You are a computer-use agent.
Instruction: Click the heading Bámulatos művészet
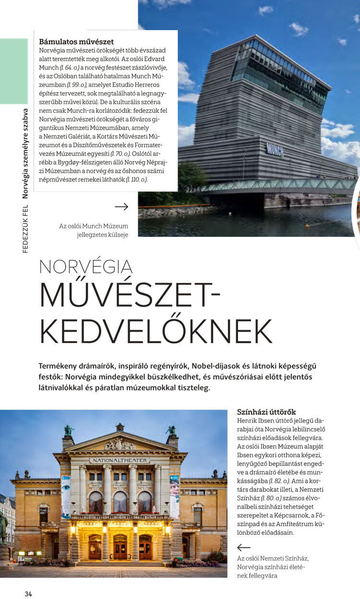tap(76, 42)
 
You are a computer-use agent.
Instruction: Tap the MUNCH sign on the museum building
tap(275, 150)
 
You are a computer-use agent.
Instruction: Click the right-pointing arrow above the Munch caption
tap(121, 207)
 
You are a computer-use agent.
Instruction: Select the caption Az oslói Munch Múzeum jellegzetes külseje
tap(94, 230)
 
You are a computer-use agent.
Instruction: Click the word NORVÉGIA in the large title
tap(86, 267)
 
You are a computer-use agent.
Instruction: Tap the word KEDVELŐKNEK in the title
tap(156, 331)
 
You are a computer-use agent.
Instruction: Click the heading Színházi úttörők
tap(266, 412)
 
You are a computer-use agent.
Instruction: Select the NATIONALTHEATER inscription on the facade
tap(120, 460)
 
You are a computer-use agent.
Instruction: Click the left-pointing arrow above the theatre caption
tap(244, 548)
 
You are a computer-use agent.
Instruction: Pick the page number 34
tap(28, 594)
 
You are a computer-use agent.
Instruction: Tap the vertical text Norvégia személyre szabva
tap(25, 154)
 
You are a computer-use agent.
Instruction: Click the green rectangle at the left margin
tap(14, 72)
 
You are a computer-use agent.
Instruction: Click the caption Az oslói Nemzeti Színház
tap(273, 558)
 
